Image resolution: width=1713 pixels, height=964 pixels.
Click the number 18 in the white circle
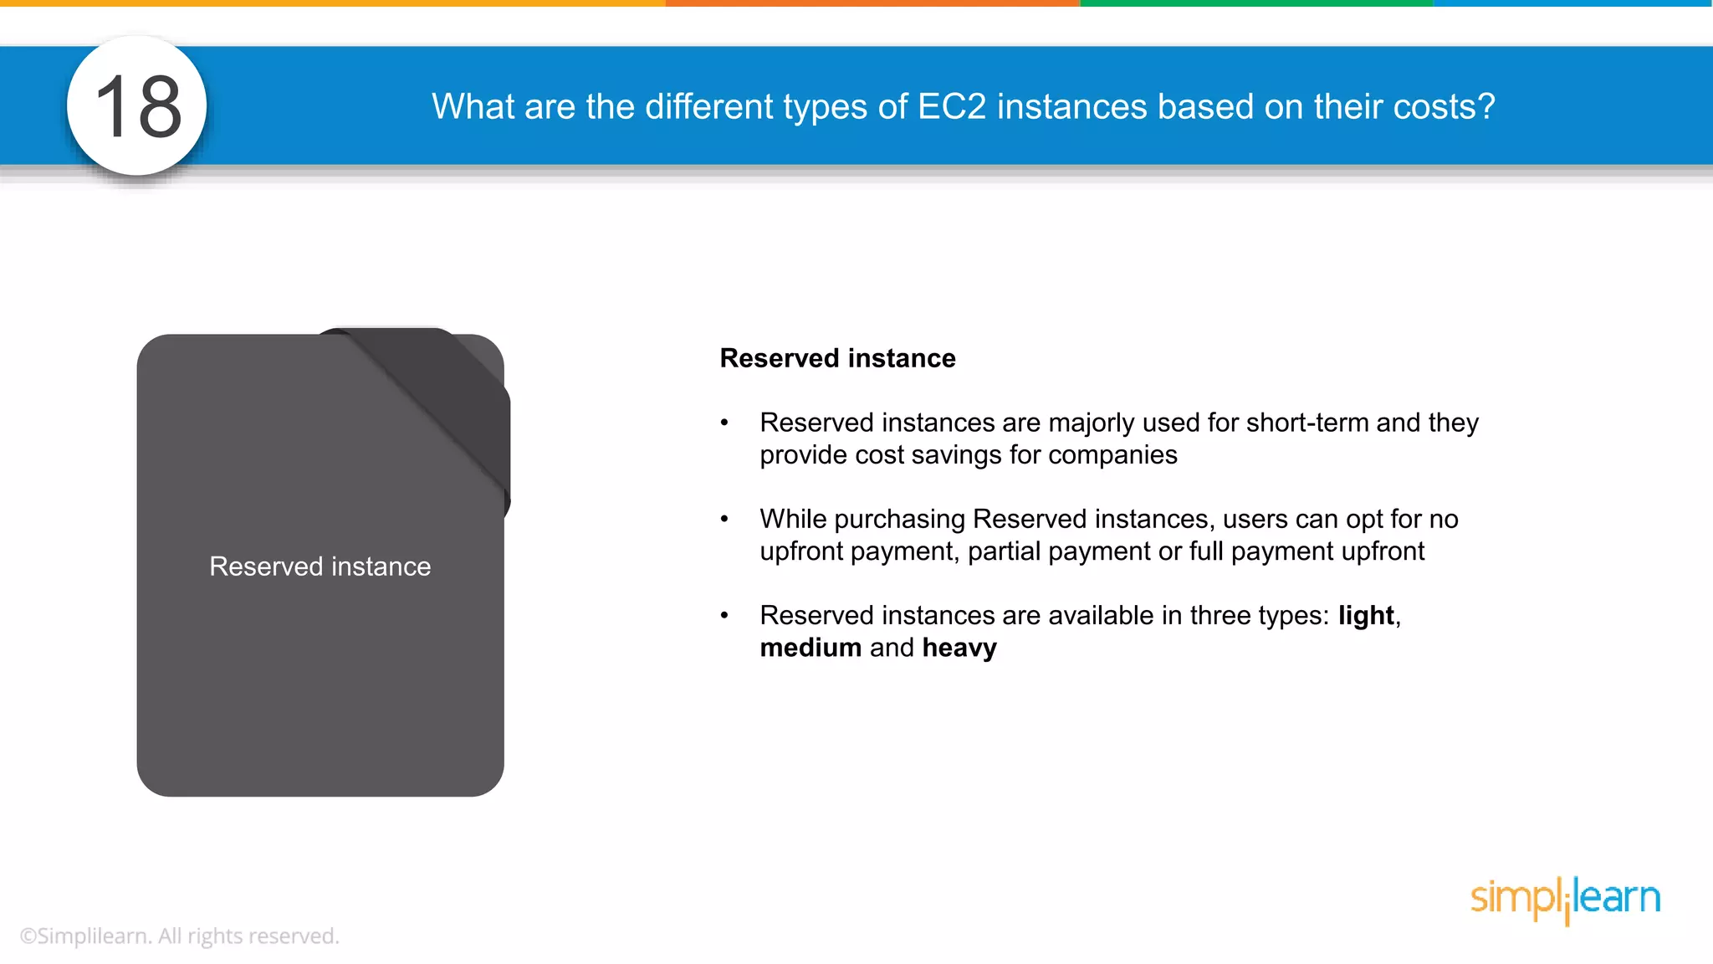(x=138, y=106)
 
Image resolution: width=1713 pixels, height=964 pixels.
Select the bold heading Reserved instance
(x=837, y=358)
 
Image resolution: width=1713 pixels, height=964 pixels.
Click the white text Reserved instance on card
(x=320, y=567)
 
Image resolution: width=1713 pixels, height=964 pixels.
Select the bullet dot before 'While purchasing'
(x=724, y=520)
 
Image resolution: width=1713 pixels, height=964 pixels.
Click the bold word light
(x=1366, y=616)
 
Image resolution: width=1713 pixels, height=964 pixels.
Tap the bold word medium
(x=810, y=648)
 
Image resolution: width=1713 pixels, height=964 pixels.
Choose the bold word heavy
(x=959, y=648)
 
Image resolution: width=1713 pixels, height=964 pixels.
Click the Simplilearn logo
(x=1565, y=899)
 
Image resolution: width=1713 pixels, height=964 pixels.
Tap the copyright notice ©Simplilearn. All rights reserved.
(x=179, y=936)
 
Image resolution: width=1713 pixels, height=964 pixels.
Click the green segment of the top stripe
(x=1255, y=3)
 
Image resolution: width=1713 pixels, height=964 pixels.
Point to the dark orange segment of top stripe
(x=872, y=3)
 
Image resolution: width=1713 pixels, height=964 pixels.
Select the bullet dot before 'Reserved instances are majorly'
(x=724, y=423)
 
